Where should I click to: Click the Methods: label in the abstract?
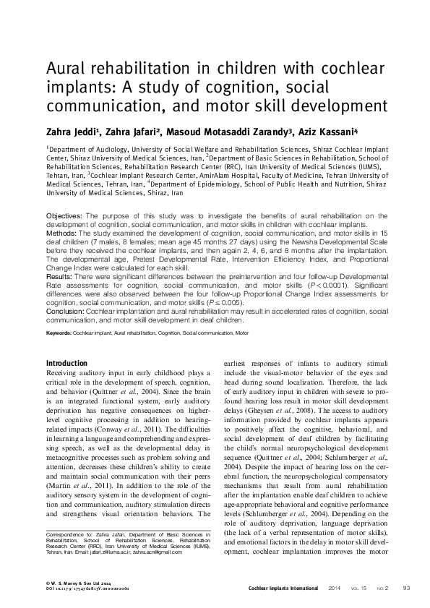tap(63, 233)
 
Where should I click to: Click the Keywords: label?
tap(59, 333)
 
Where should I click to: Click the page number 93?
tap(406, 588)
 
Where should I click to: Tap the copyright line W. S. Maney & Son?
tap(69, 583)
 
